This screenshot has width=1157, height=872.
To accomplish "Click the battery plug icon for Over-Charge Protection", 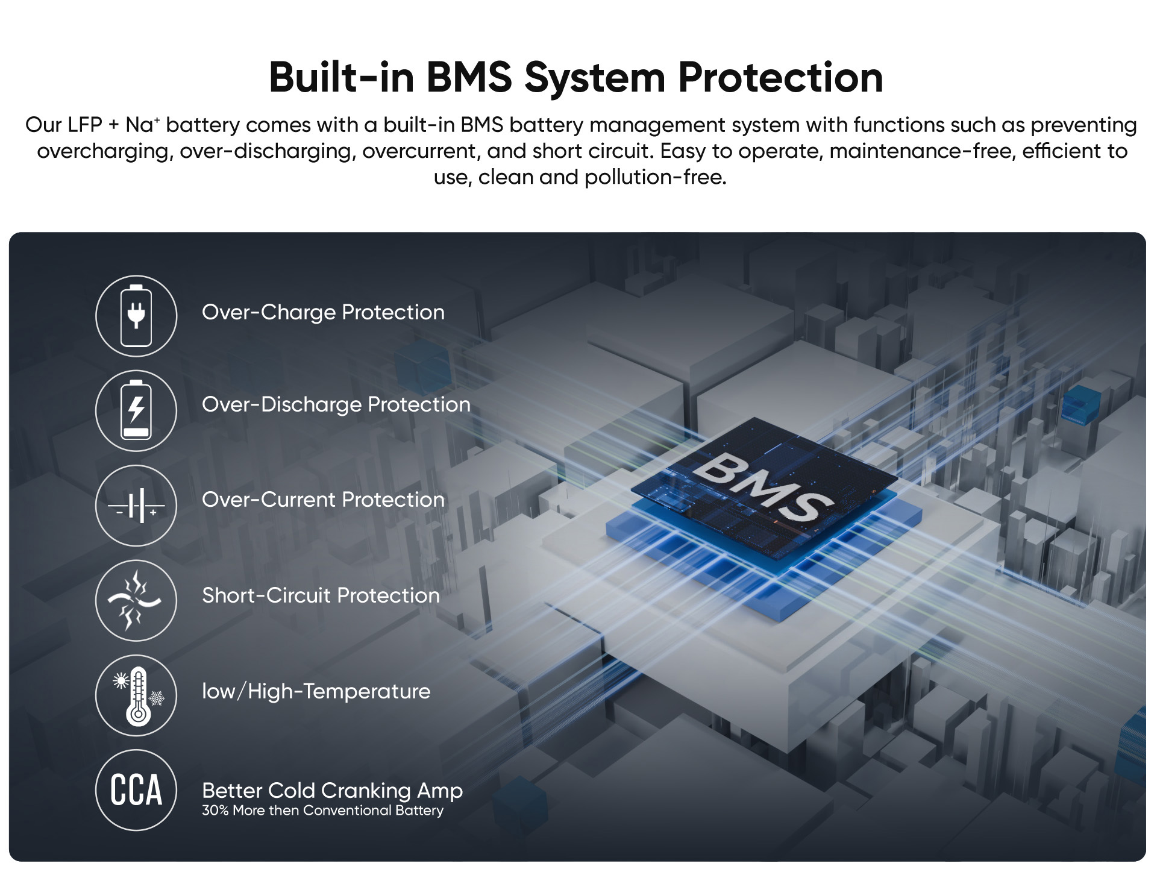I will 136,316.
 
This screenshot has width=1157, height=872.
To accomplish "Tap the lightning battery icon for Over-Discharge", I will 136,410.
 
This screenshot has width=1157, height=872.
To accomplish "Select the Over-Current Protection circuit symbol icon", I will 136,506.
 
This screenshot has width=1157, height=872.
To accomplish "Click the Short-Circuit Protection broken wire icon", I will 136,600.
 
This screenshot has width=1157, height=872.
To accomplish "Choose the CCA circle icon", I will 136,790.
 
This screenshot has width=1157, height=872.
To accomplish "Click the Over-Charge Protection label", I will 323,312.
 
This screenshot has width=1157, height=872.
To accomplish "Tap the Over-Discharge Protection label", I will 336,404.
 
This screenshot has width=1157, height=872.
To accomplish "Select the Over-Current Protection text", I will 323,500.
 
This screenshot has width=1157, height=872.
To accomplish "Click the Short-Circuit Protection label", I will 321,595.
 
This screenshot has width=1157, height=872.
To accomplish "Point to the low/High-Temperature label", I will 316,691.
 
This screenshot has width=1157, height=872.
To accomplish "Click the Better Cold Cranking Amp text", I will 332,790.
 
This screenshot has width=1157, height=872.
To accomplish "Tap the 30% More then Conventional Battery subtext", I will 322,811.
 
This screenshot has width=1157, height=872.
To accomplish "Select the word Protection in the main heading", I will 780,78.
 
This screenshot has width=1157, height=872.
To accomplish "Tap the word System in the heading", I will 594,78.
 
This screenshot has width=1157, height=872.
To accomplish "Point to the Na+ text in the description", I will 142,125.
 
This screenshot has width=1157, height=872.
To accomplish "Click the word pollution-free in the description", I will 655,177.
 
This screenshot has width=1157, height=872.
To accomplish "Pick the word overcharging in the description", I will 105,151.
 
